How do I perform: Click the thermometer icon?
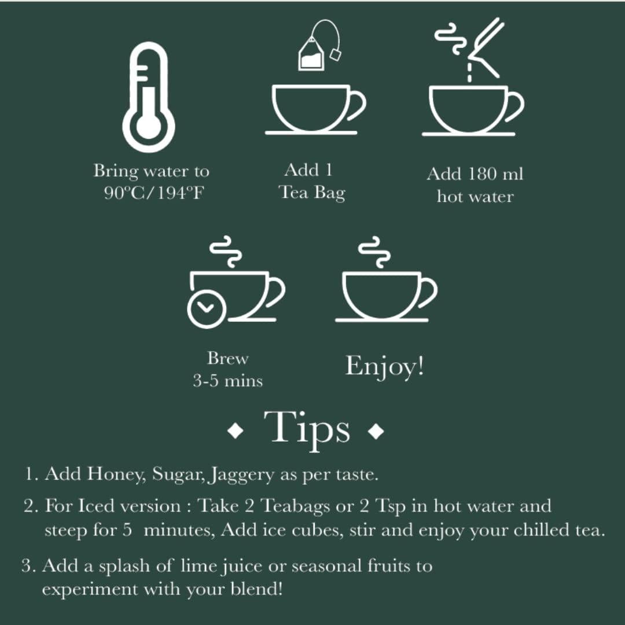148,98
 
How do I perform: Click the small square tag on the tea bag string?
336,54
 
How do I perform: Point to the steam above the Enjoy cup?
374,252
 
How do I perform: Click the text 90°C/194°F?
154,193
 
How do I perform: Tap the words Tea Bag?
312,193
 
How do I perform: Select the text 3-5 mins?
227,381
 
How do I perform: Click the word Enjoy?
384,366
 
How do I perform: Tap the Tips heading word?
307,428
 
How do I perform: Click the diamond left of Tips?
236,431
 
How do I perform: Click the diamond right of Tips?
376,431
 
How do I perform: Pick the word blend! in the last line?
257,589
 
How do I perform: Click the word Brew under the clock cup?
227,358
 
